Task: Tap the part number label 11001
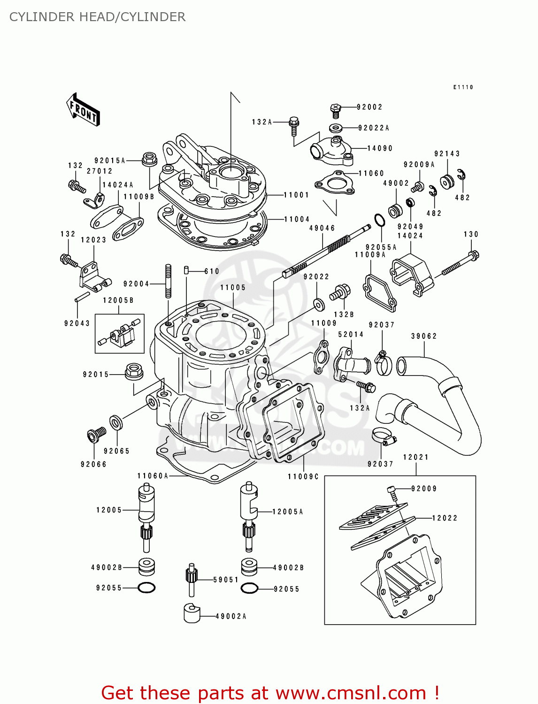296,195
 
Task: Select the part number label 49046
322,228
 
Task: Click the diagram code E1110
463,87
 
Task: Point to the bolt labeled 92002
336,111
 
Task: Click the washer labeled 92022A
336,128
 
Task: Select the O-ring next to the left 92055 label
146,588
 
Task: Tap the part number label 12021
416,457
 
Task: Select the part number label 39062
424,336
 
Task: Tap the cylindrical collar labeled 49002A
192,613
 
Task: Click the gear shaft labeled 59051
191,579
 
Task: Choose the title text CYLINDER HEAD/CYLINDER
97,17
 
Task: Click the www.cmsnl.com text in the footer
350,693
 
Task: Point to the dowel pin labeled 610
186,270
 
